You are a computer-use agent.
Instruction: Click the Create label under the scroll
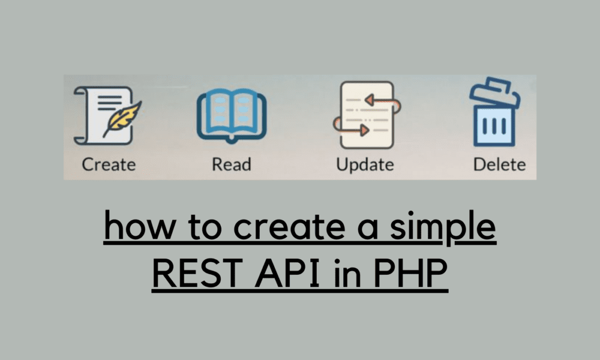tap(109, 164)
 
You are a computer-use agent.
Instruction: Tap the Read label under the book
tap(231, 164)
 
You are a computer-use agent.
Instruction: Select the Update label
tap(365, 164)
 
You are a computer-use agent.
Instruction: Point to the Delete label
tap(499, 164)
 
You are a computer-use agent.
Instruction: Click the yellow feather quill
tap(125, 118)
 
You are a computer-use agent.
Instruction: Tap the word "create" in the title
tap(264, 227)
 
